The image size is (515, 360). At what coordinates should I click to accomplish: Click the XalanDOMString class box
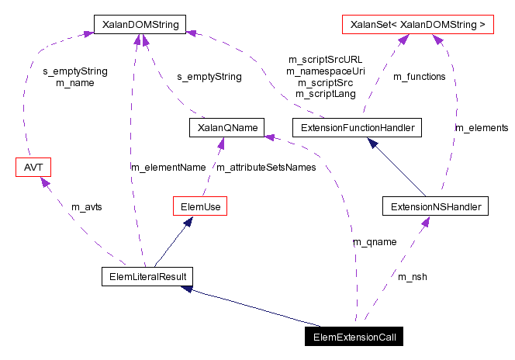(x=137, y=25)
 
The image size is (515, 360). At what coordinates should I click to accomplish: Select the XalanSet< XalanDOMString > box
(x=418, y=25)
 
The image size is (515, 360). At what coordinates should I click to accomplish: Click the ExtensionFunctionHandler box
(x=357, y=127)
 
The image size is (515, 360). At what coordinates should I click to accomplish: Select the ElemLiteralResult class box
(x=147, y=276)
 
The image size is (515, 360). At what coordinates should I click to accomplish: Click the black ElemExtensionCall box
(x=354, y=337)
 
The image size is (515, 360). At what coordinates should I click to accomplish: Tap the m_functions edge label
(x=420, y=76)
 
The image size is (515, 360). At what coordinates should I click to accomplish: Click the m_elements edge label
(x=481, y=127)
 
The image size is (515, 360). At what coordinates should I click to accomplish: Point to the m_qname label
(x=375, y=242)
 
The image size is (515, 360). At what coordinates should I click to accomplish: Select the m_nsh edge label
(x=413, y=276)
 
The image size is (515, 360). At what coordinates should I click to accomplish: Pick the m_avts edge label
(x=86, y=206)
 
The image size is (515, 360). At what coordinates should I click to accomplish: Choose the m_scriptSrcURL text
(x=325, y=59)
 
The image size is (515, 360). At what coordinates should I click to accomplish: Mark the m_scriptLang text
(x=325, y=94)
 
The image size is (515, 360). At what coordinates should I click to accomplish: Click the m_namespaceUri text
(x=325, y=71)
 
